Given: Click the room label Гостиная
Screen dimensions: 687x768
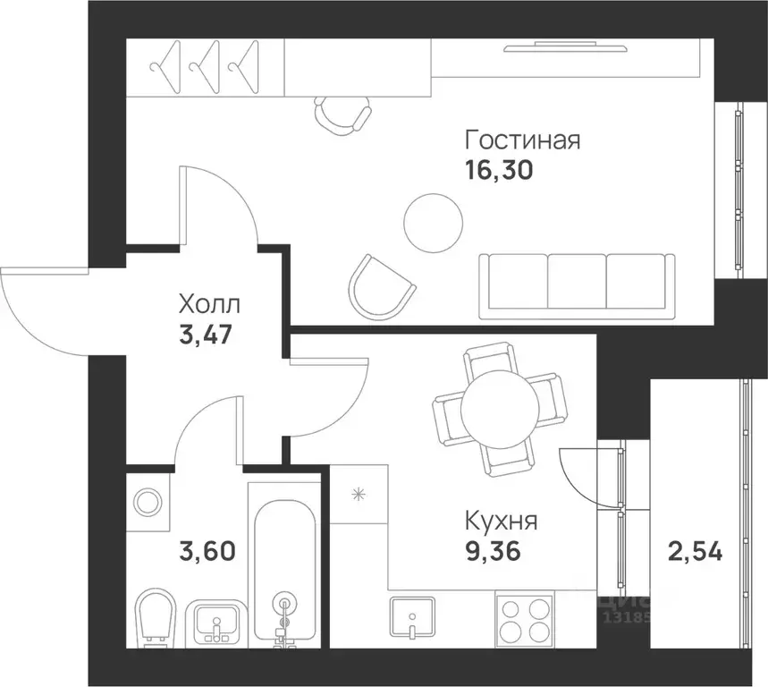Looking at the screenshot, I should (522, 141).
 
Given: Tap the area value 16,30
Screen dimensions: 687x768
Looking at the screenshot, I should (498, 171).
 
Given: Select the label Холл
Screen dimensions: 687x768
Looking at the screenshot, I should (209, 303).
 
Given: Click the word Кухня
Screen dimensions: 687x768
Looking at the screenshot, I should (501, 520).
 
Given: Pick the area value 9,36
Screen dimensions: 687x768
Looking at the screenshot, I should (492, 548).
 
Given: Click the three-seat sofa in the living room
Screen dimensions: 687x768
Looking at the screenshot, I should (577, 284).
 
